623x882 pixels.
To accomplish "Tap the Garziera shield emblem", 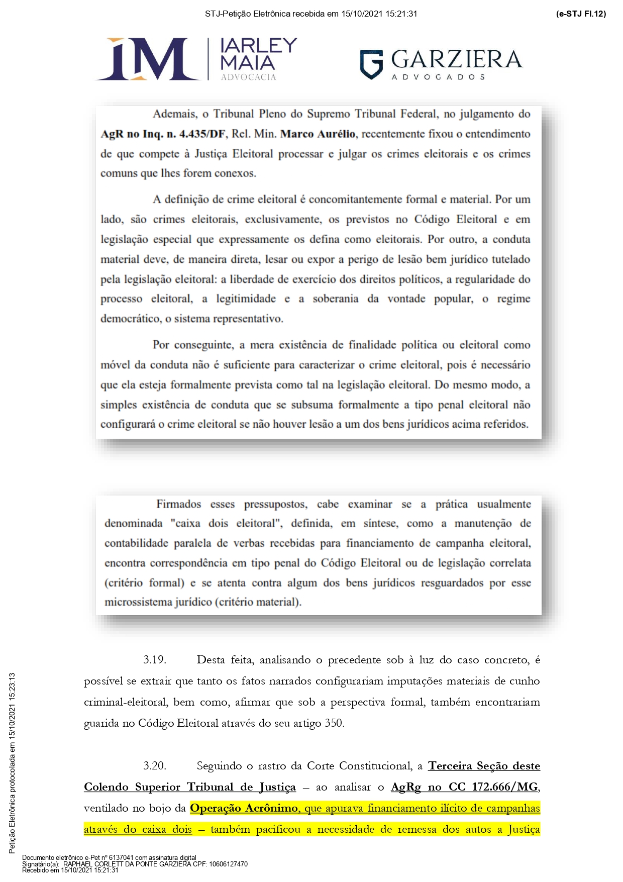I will pos(371,64).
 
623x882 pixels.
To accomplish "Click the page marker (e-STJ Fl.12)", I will pos(581,14).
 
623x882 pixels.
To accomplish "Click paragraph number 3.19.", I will pos(154,660).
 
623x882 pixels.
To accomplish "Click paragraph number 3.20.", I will pos(154,766).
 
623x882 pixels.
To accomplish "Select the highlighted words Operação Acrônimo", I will pos(244,808).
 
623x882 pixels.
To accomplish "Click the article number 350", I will pos(334,723).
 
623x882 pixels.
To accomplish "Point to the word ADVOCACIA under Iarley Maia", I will pos(248,77).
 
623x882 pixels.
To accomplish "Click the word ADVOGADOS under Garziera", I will pos(438,77).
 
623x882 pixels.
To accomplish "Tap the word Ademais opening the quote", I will pos(174,114).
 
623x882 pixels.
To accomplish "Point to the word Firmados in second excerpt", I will pos(178,504).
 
